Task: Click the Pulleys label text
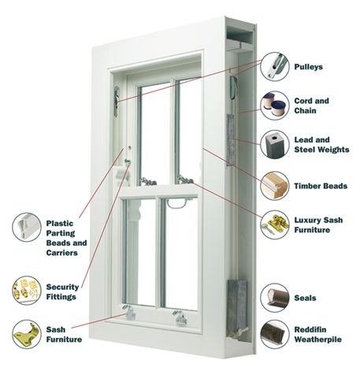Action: coord(308,67)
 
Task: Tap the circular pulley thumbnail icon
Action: coord(275,66)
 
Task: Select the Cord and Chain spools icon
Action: coord(275,106)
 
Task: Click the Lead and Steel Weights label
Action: coord(321,145)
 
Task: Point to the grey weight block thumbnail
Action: coord(275,144)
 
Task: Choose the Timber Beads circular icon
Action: coord(275,186)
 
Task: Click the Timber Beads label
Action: coord(321,186)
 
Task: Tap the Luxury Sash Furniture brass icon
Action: coord(275,225)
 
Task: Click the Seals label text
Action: coord(305,298)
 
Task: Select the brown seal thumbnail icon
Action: coord(275,298)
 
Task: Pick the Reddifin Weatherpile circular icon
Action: coord(275,334)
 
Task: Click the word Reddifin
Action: coord(310,329)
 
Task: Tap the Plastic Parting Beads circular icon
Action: coord(27,227)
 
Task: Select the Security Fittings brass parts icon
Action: coord(27,290)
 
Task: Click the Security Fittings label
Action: coord(62,291)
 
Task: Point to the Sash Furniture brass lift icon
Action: coord(27,334)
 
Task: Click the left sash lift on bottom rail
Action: coord(129,312)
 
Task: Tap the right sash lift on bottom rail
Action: coord(180,317)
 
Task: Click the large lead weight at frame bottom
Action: coord(237,309)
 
